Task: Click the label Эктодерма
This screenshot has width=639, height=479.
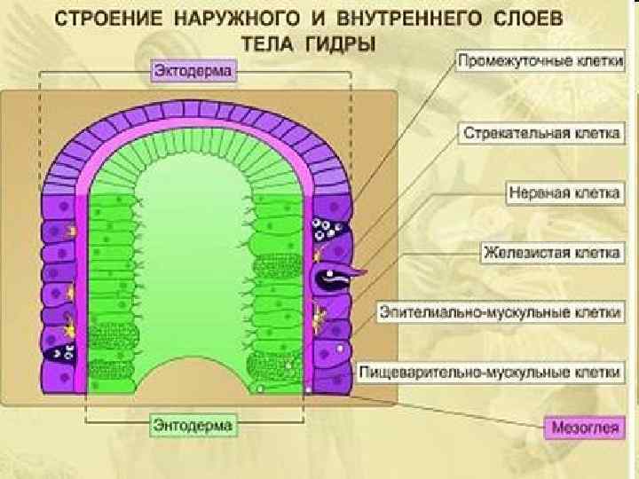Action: coord(193,70)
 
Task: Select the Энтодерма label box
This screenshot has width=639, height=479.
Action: coord(194,425)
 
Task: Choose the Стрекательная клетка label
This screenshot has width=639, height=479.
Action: coord(541,134)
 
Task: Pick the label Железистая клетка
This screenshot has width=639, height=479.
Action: coord(551,252)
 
